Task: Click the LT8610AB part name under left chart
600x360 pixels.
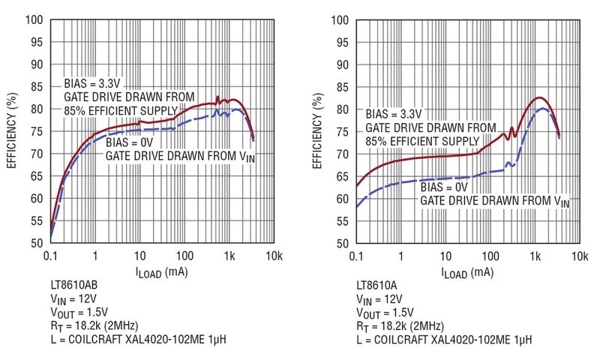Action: click(x=72, y=286)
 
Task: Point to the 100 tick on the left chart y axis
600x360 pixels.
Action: click(x=35, y=19)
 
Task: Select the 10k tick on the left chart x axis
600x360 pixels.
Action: click(x=274, y=256)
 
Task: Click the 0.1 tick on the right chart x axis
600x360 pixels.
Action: click(x=357, y=256)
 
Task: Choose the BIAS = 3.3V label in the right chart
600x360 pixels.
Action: click(x=394, y=114)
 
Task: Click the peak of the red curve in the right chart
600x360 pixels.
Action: click(x=538, y=97)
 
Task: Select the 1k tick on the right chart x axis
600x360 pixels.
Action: click(x=535, y=256)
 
